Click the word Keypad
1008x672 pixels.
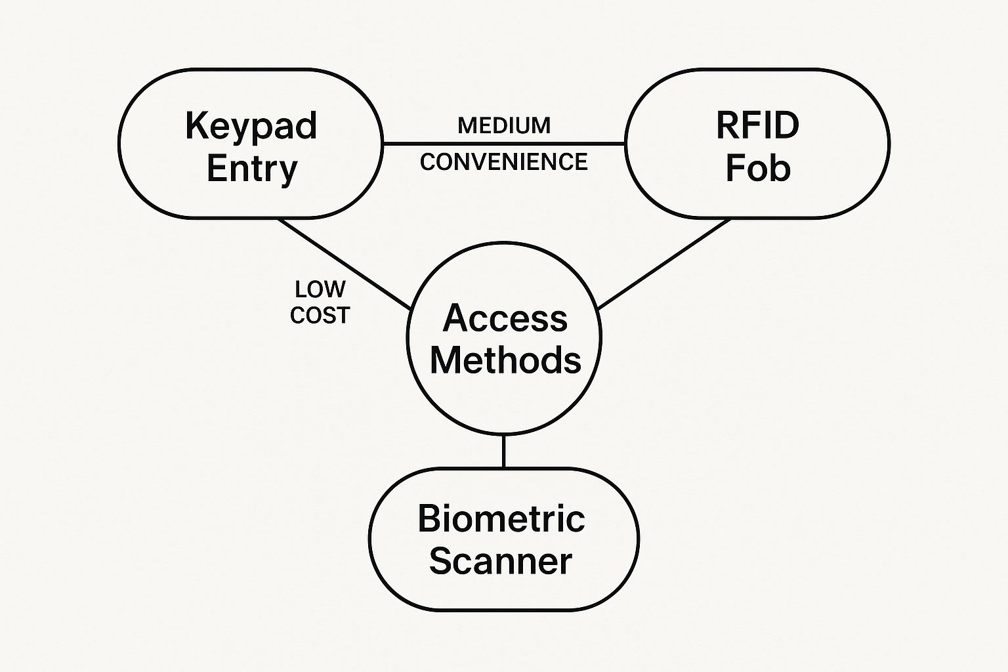pyautogui.click(x=251, y=126)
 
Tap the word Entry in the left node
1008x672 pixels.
pyautogui.click(x=252, y=169)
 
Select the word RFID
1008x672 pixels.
pyautogui.click(x=757, y=125)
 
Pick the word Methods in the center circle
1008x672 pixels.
pyautogui.click(x=505, y=360)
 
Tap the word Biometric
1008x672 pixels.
pyautogui.click(x=501, y=519)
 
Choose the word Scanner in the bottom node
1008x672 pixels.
pyautogui.click(x=501, y=562)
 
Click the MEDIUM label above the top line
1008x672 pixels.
pyautogui.click(x=504, y=125)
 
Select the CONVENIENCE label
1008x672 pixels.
pyautogui.click(x=504, y=161)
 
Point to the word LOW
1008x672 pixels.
pyautogui.click(x=320, y=289)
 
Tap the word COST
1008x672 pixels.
pyautogui.click(x=320, y=316)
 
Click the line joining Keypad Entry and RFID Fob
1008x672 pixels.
pyautogui.click(x=504, y=143)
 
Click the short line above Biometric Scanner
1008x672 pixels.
pyautogui.click(x=503, y=451)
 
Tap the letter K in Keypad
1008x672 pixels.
pyautogui.click(x=195, y=126)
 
